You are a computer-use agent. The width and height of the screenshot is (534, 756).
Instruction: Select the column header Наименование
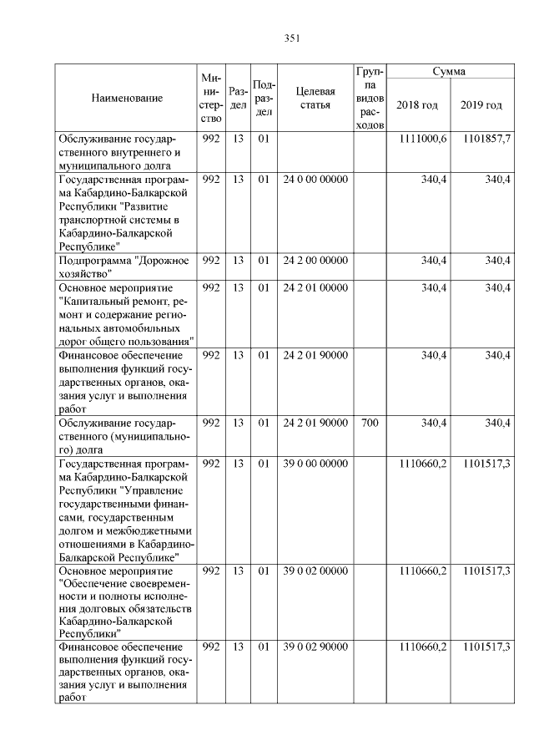coord(128,98)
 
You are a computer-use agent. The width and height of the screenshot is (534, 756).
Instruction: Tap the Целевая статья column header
coord(315,98)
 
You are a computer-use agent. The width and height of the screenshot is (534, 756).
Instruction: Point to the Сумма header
coord(449,72)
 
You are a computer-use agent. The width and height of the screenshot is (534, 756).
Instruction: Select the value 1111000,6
coord(423,139)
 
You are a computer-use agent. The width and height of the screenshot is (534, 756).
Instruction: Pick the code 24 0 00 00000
coord(315,180)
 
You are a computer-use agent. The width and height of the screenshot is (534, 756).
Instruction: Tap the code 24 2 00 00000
coord(315,261)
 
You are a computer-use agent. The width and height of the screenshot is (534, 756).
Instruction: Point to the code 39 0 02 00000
coord(315,571)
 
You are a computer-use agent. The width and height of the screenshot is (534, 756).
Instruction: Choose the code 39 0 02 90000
coord(315,647)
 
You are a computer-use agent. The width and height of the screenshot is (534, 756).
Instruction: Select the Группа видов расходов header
coord(369,98)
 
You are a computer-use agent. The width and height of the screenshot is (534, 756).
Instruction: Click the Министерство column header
coord(211,98)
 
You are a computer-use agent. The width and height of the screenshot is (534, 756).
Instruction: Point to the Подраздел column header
coord(263,98)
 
